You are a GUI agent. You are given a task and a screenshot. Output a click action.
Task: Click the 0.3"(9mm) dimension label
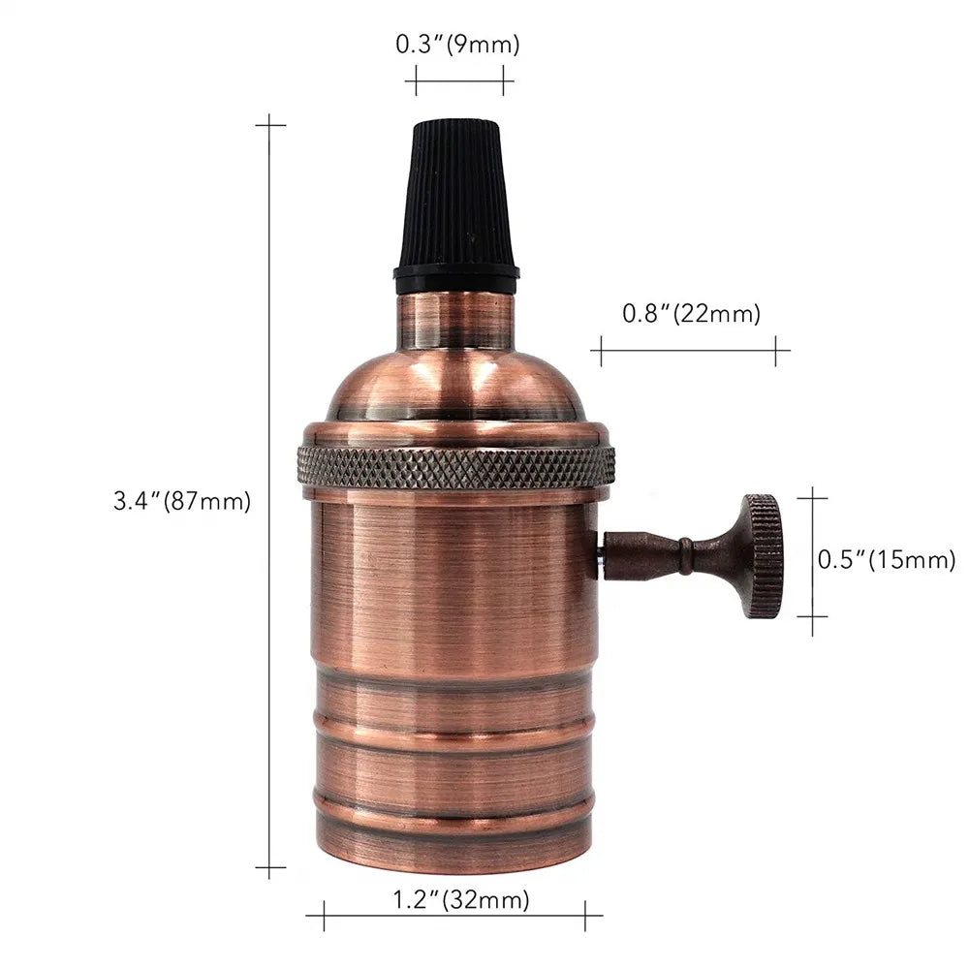pyautogui.click(x=457, y=45)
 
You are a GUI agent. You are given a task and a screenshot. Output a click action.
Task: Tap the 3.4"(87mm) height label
pyautogui.click(x=182, y=502)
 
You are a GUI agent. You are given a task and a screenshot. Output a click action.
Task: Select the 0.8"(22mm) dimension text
pyautogui.click(x=691, y=313)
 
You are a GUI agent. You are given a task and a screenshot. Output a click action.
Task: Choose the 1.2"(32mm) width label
pyautogui.click(x=461, y=900)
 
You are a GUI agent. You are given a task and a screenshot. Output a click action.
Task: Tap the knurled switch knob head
pyautogui.click(x=763, y=556)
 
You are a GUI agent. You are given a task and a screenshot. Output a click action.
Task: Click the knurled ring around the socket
pyautogui.click(x=455, y=467)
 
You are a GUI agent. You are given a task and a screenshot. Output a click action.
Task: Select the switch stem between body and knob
pyautogui.click(x=669, y=556)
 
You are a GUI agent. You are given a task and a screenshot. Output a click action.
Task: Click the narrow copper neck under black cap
pyautogui.click(x=455, y=320)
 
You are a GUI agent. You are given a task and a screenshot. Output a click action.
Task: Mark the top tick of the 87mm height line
pyautogui.click(x=270, y=125)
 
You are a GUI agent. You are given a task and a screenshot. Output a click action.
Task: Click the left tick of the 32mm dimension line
pyautogui.click(x=323, y=914)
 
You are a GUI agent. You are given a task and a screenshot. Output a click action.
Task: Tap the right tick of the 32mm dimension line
pyautogui.click(x=585, y=914)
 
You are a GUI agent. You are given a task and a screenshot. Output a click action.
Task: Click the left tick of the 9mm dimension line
pyautogui.click(x=416, y=80)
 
